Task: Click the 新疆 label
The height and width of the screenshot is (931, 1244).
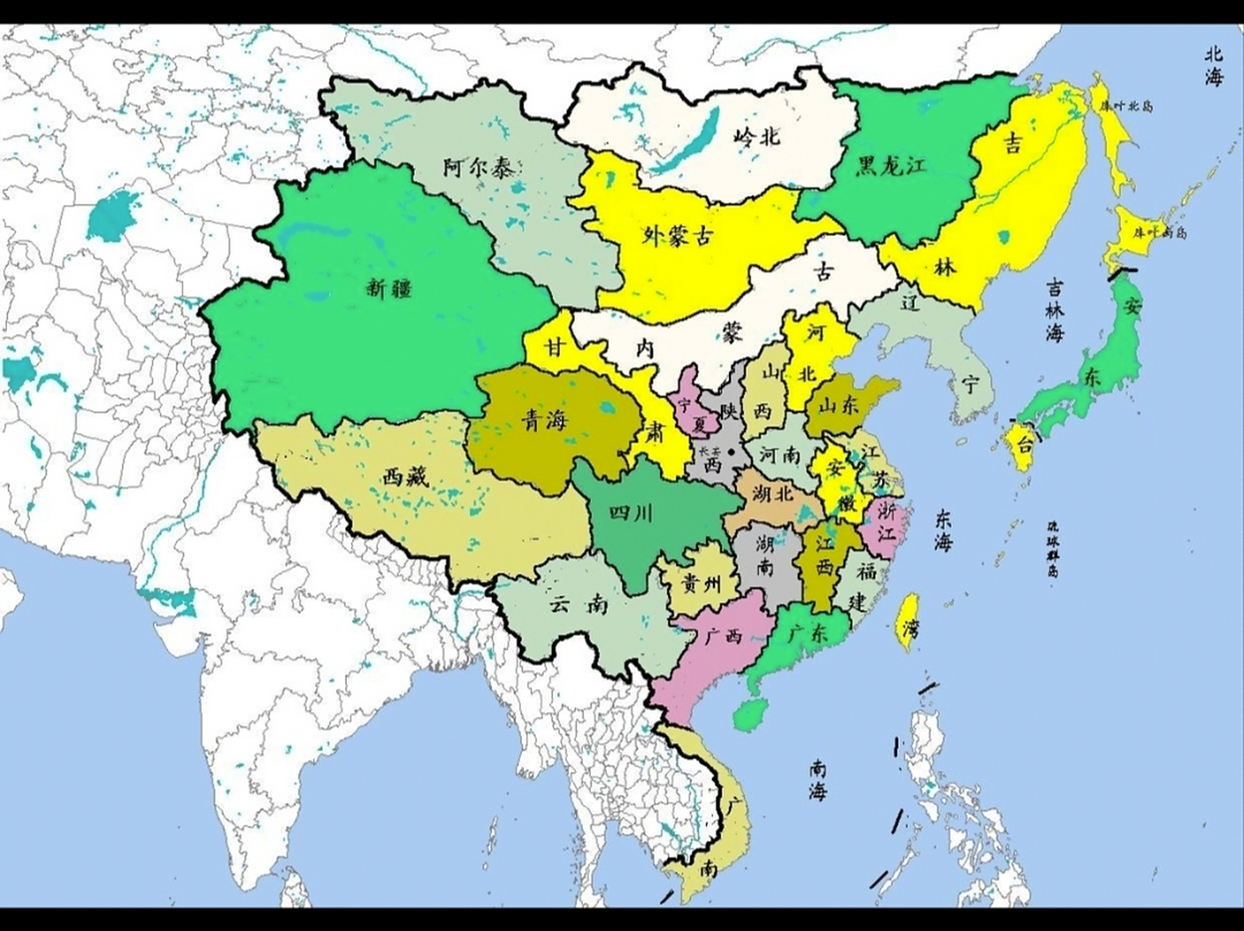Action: click(389, 289)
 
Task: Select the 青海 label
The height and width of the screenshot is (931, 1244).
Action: click(545, 421)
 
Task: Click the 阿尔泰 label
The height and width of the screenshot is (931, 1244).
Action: click(478, 168)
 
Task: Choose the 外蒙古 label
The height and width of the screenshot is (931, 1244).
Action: click(678, 235)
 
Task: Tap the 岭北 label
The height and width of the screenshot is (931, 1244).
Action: click(757, 135)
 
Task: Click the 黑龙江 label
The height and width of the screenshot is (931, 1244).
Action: click(892, 166)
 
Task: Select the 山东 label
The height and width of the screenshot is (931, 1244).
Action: click(838, 406)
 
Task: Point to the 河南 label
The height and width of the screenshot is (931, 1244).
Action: click(780, 456)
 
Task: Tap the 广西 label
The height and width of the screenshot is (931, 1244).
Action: click(723, 636)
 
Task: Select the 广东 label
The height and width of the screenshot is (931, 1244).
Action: click(808, 634)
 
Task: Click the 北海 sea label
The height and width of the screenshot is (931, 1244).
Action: click(1213, 66)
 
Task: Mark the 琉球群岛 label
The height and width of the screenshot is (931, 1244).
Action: click(1052, 548)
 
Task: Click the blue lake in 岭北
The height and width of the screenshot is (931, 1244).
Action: click(682, 145)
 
